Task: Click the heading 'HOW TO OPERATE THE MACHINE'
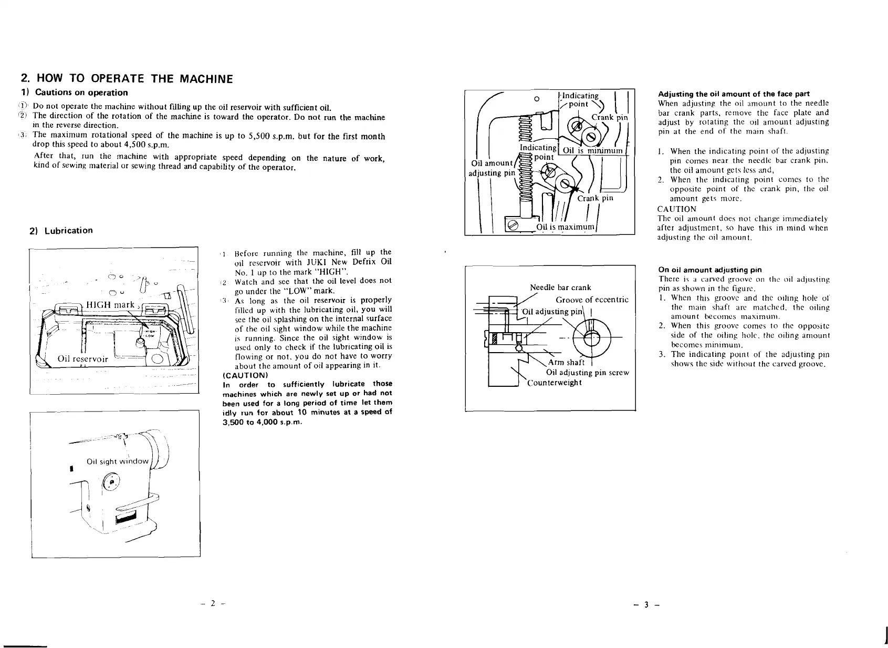pyautogui.click(x=126, y=79)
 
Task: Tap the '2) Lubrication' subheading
pyautogui.click(x=61, y=231)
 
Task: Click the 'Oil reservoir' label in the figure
pyautogui.click(x=82, y=359)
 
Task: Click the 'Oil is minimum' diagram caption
pyautogui.click(x=592, y=151)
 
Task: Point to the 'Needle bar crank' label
pyautogui.click(x=560, y=287)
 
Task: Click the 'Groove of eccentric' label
pyautogui.click(x=592, y=300)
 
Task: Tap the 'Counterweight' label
pyautogui.click(x=555, y=382)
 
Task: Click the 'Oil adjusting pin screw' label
pyautogui.click(x=587, y=373)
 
